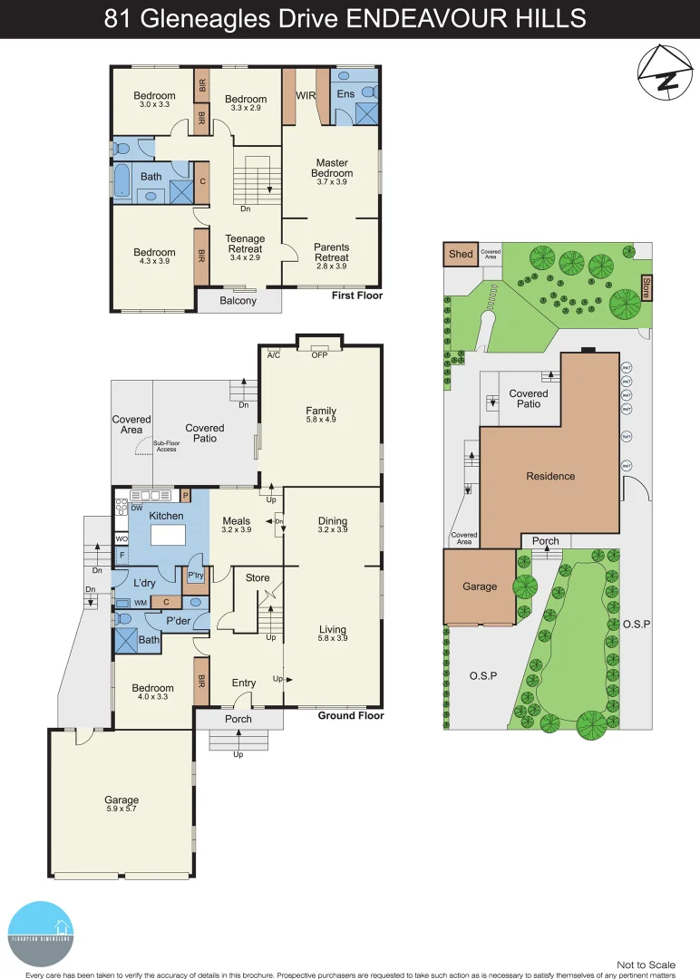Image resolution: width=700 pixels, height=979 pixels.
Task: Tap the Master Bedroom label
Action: [332, 168]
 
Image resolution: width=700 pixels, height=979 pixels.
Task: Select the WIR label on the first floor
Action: [304, 94]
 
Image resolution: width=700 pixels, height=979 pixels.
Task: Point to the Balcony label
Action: [238, 301]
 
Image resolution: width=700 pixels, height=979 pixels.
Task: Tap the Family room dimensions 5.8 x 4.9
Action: [321, 422]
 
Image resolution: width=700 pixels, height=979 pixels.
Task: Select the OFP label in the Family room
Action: [319, 354]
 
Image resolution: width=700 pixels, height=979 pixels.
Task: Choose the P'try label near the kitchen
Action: [195, 576]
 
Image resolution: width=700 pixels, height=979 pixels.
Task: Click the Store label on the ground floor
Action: [258, 577]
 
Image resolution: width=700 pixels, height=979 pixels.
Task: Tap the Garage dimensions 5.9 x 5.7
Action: [121, 811]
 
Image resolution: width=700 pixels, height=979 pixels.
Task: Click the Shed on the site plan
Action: [461, 254]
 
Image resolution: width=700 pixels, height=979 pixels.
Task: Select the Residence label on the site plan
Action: [550, 476]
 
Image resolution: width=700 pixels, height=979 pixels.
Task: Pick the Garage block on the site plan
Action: [480, 586]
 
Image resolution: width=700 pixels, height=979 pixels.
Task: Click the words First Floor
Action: [356, 296]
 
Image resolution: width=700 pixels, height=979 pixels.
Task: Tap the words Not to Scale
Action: [647, 964]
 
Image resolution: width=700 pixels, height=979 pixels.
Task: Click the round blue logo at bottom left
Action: [42, 934]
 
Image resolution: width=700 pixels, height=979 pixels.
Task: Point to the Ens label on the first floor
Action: [345, 93]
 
